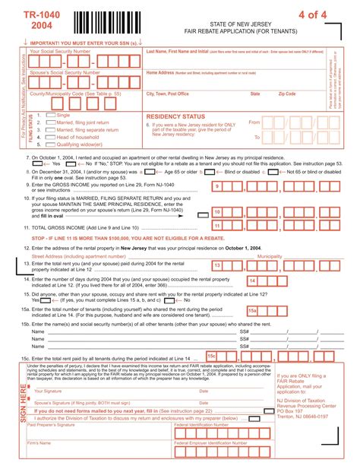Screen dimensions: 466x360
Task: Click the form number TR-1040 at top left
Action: click(x=32, y=16)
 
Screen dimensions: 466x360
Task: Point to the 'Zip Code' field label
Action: click(x=287, y=94)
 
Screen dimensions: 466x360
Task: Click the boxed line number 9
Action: click(x=216, y=185)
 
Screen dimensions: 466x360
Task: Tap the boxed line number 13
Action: click(x=217, y=265)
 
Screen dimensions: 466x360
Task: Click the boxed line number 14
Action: click(x=252, y=281)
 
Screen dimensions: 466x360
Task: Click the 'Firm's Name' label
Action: click(x=39, y=442)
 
